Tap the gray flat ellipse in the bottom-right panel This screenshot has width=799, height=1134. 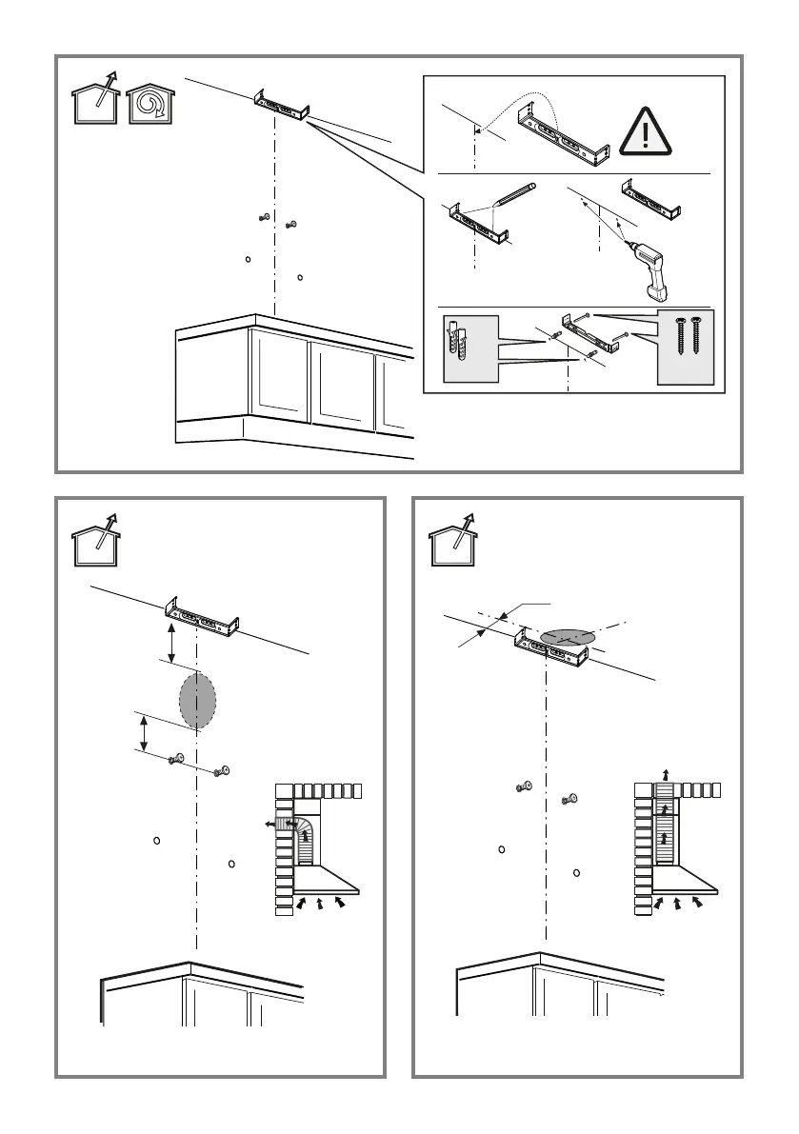(568, 635)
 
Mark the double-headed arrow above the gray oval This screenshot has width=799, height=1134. (171, 643)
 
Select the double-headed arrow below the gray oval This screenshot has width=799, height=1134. (144, 733)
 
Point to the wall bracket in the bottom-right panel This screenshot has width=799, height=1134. (550, 650)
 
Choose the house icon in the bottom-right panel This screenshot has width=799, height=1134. (452, 544)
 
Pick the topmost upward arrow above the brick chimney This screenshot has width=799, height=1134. (666, 774)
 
